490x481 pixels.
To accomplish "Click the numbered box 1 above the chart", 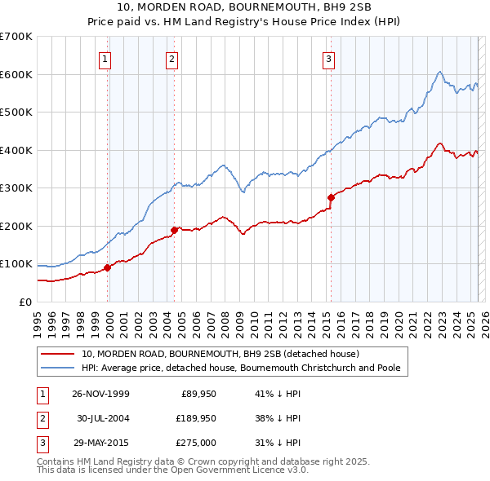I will coord(107,58).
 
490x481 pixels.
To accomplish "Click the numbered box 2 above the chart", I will coord(172,58).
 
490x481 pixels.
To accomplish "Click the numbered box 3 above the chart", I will coord(328,58).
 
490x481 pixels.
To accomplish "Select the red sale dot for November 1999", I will coord(108,267).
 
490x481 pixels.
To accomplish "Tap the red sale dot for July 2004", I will coord(174,230).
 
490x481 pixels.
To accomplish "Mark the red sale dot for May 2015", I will coord(331,197).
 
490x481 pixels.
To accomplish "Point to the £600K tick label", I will coord(16,74).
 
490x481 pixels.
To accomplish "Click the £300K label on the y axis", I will coord(16,188).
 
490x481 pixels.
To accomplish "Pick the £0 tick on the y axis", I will coord(24,302).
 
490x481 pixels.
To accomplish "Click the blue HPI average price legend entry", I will coord(240,368).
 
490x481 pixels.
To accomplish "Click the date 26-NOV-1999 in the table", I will coord(101,394).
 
